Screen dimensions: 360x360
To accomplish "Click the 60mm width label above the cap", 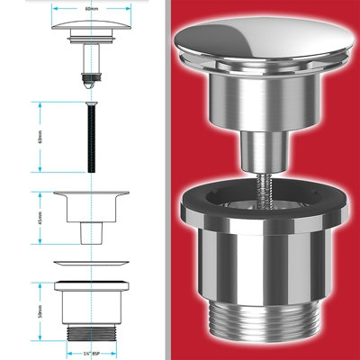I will pos(88,9).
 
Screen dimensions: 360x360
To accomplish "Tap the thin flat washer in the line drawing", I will pos(89,263).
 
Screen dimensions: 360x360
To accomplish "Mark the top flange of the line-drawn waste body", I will pos(89,286).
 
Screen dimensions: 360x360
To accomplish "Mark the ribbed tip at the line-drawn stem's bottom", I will pos(89,78).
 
